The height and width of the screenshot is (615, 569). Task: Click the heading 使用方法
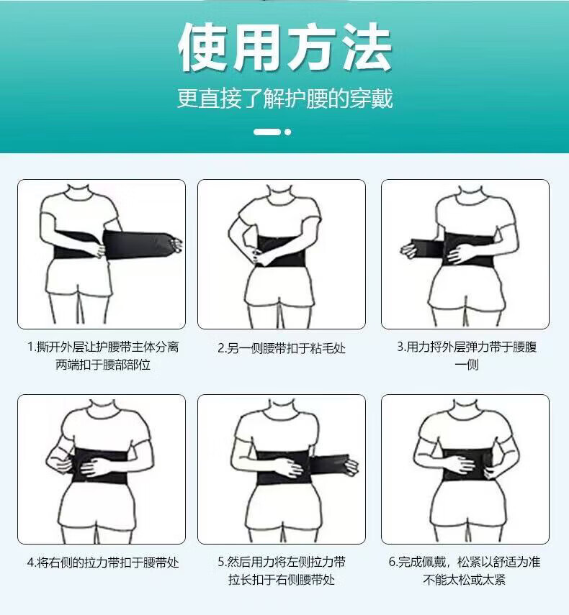pos(284,47)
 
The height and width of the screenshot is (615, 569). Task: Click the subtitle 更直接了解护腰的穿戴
pos(284,98)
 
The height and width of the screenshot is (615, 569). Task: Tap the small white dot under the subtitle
pos(288,132)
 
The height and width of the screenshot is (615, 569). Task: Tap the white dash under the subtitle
pos(267,132)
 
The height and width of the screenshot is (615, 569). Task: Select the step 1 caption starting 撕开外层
pos(103,356)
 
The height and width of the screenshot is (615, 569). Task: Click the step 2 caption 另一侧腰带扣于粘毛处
pos(282,348)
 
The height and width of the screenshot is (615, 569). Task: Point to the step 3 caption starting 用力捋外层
pos(467,356)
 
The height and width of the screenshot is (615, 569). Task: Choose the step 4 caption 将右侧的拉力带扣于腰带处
pos(103,562)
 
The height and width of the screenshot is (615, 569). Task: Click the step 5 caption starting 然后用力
pos(282,570)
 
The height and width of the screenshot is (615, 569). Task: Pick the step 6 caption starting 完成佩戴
pos(465,570)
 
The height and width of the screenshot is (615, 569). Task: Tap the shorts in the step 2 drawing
pos(279,286)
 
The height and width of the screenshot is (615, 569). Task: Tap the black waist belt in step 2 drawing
pos(281,251)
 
